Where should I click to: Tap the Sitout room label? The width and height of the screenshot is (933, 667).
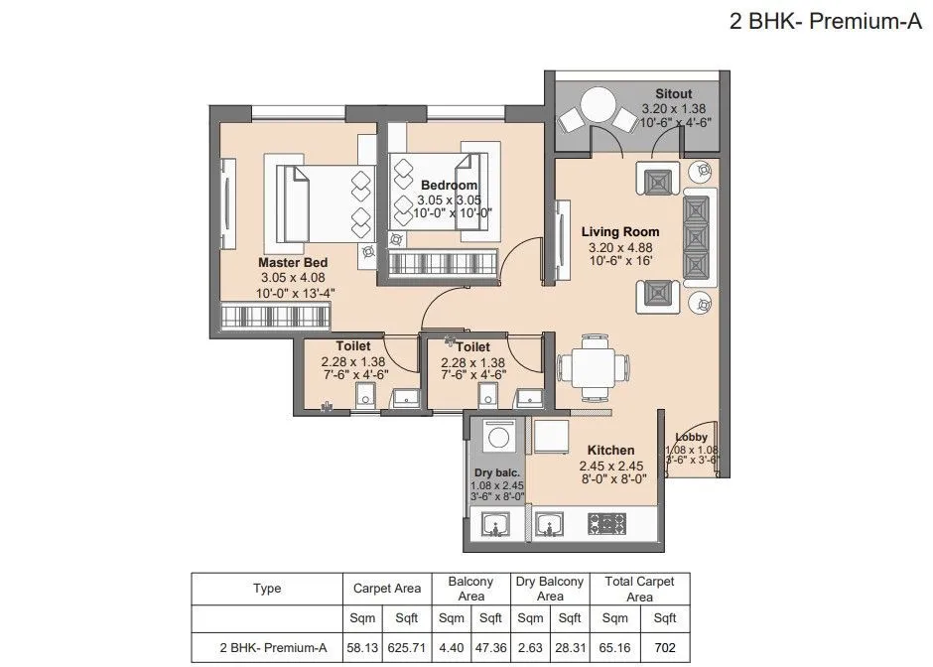tap(675, 93)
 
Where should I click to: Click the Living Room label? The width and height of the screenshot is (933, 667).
tap(619, 232)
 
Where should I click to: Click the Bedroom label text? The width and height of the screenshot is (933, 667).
tap(449, 186)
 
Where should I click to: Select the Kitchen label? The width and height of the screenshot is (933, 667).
tap(610, 451)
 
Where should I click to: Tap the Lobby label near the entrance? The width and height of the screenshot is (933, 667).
tap(690, 437)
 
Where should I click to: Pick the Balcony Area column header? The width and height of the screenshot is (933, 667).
tap(470, 590)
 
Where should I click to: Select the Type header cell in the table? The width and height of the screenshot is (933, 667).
tap(267, 589)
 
